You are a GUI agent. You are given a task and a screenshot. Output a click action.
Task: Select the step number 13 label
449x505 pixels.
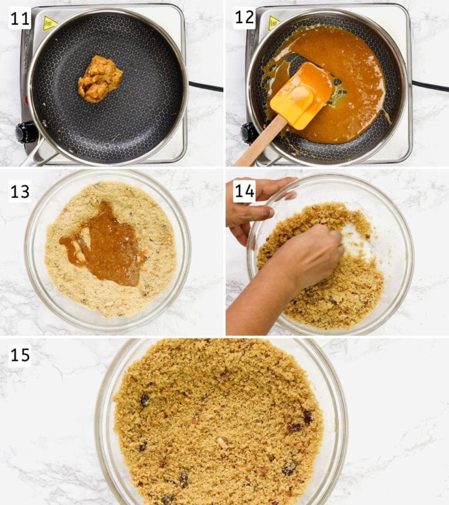tap(20, 191)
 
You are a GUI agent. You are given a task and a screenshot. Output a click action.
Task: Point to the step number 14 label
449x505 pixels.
tap(244, 191)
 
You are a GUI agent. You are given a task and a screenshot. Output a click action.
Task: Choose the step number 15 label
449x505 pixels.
tap(20, 356)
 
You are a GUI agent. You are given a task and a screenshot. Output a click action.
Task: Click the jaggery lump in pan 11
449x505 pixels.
tap(100, 79)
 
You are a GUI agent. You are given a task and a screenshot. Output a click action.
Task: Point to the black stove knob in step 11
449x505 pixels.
tap(25, 132)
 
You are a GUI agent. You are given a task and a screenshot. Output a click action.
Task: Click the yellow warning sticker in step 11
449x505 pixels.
tap(49, 23)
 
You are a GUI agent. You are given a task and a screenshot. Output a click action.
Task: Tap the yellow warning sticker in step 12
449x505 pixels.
tap(274, 23)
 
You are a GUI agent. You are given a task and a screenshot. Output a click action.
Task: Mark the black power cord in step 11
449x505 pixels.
tap(206, 87)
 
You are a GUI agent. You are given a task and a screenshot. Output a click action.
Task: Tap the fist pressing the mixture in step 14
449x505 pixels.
tap(310, 255)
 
